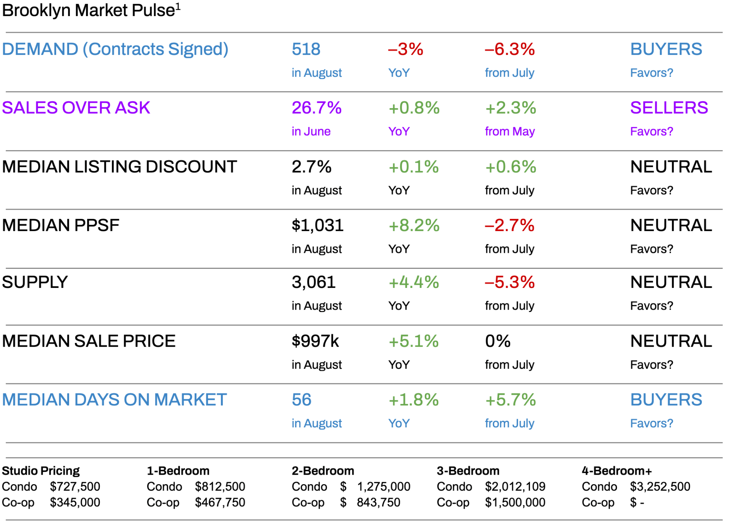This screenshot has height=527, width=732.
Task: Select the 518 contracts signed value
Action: point(306,49)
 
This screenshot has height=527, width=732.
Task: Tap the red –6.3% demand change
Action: point(509,49)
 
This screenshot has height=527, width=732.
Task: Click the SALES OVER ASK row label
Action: point(76,108)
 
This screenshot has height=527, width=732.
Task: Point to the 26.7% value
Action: point(316,108)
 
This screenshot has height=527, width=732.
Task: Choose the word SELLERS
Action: point(669,108)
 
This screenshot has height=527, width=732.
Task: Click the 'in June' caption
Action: point(311,131)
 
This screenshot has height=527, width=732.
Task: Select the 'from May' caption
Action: point(509,131)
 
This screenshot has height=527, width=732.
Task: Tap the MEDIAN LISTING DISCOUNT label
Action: point(119,167)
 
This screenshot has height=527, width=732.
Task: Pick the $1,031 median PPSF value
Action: point(317,225)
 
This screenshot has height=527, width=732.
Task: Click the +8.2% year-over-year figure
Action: point(414,225)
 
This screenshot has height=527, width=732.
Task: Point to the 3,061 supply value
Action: point(313,283)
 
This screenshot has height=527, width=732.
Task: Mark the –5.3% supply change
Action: point(509,283)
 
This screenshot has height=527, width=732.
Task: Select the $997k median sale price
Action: point(315,341)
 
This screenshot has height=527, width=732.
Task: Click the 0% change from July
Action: point(497,341)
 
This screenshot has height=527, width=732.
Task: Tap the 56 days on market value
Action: point(301,400)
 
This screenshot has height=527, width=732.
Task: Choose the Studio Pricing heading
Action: point(40,470)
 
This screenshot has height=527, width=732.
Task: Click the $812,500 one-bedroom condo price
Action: point(220,487)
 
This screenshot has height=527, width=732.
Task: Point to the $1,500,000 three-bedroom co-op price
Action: point(515,502)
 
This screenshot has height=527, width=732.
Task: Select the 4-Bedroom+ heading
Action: point(616,470)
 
